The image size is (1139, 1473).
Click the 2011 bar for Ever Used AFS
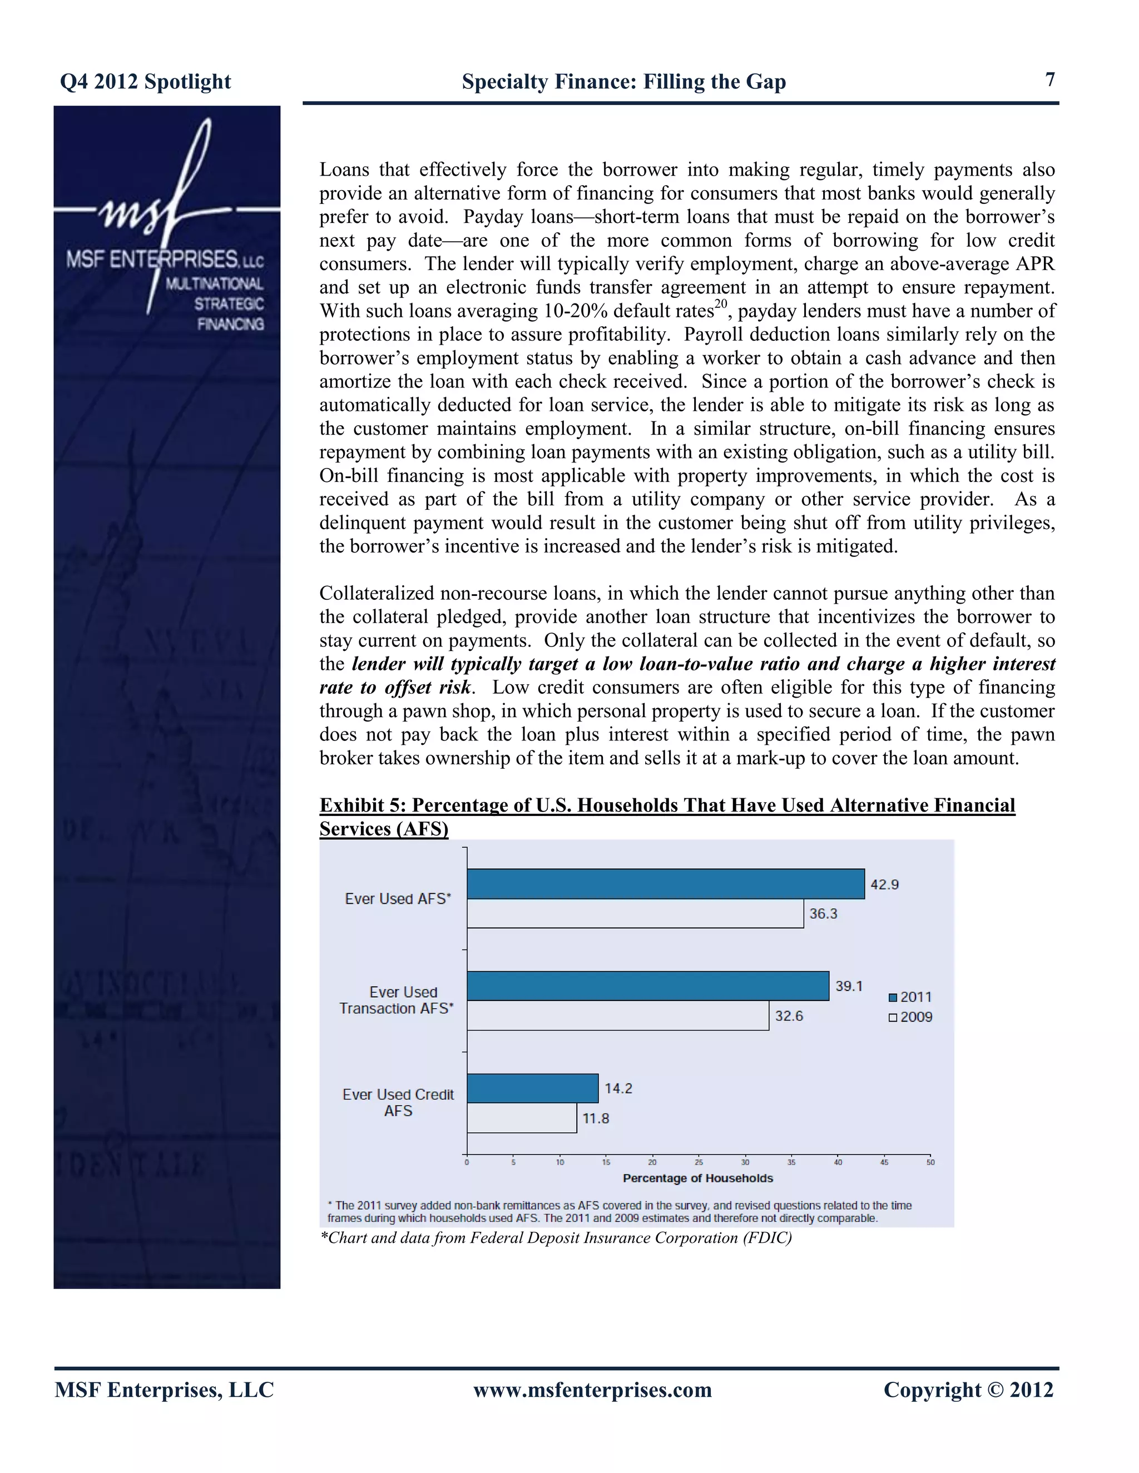point(665,884)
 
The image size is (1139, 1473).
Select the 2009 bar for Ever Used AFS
point(635,913)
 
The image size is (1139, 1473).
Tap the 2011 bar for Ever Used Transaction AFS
point(648,986)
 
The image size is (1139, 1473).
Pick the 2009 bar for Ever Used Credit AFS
point(522,1118)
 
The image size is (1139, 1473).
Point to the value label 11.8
point(595,1118)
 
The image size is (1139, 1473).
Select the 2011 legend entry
point(910,997)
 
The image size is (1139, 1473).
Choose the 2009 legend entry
point(910,1017)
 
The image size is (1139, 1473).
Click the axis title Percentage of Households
point(698,1178)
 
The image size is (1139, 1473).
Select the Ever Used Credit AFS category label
point(398,1102)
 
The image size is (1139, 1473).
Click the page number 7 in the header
point(1050,79)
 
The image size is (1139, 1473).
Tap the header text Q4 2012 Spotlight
point(146,82)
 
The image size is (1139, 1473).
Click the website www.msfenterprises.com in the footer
point(592,1390)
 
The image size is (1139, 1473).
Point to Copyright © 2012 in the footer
point(968,1390)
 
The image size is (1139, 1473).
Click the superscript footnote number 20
point(721,303)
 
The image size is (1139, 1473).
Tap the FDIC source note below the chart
point(556,1238)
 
